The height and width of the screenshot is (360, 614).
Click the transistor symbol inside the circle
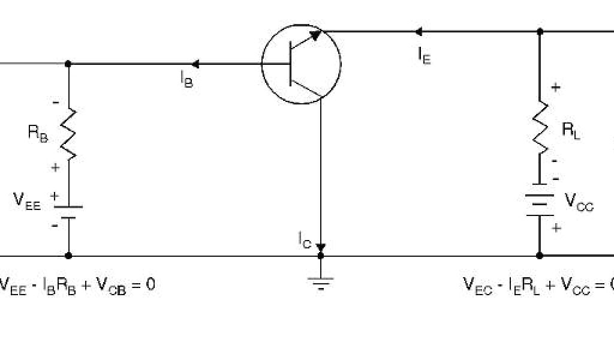coord(301,64)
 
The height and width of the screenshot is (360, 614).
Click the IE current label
coord(424,56)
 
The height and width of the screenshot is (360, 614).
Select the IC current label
coord(305,239)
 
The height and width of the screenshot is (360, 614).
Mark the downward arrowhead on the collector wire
coord(321,247)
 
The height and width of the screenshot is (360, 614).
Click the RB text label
coord(38,134)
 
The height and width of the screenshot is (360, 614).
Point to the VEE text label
coord(27,201)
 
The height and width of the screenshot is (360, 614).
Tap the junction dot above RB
coord(68,64)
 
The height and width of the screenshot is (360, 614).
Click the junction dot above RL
coord(540,31)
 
